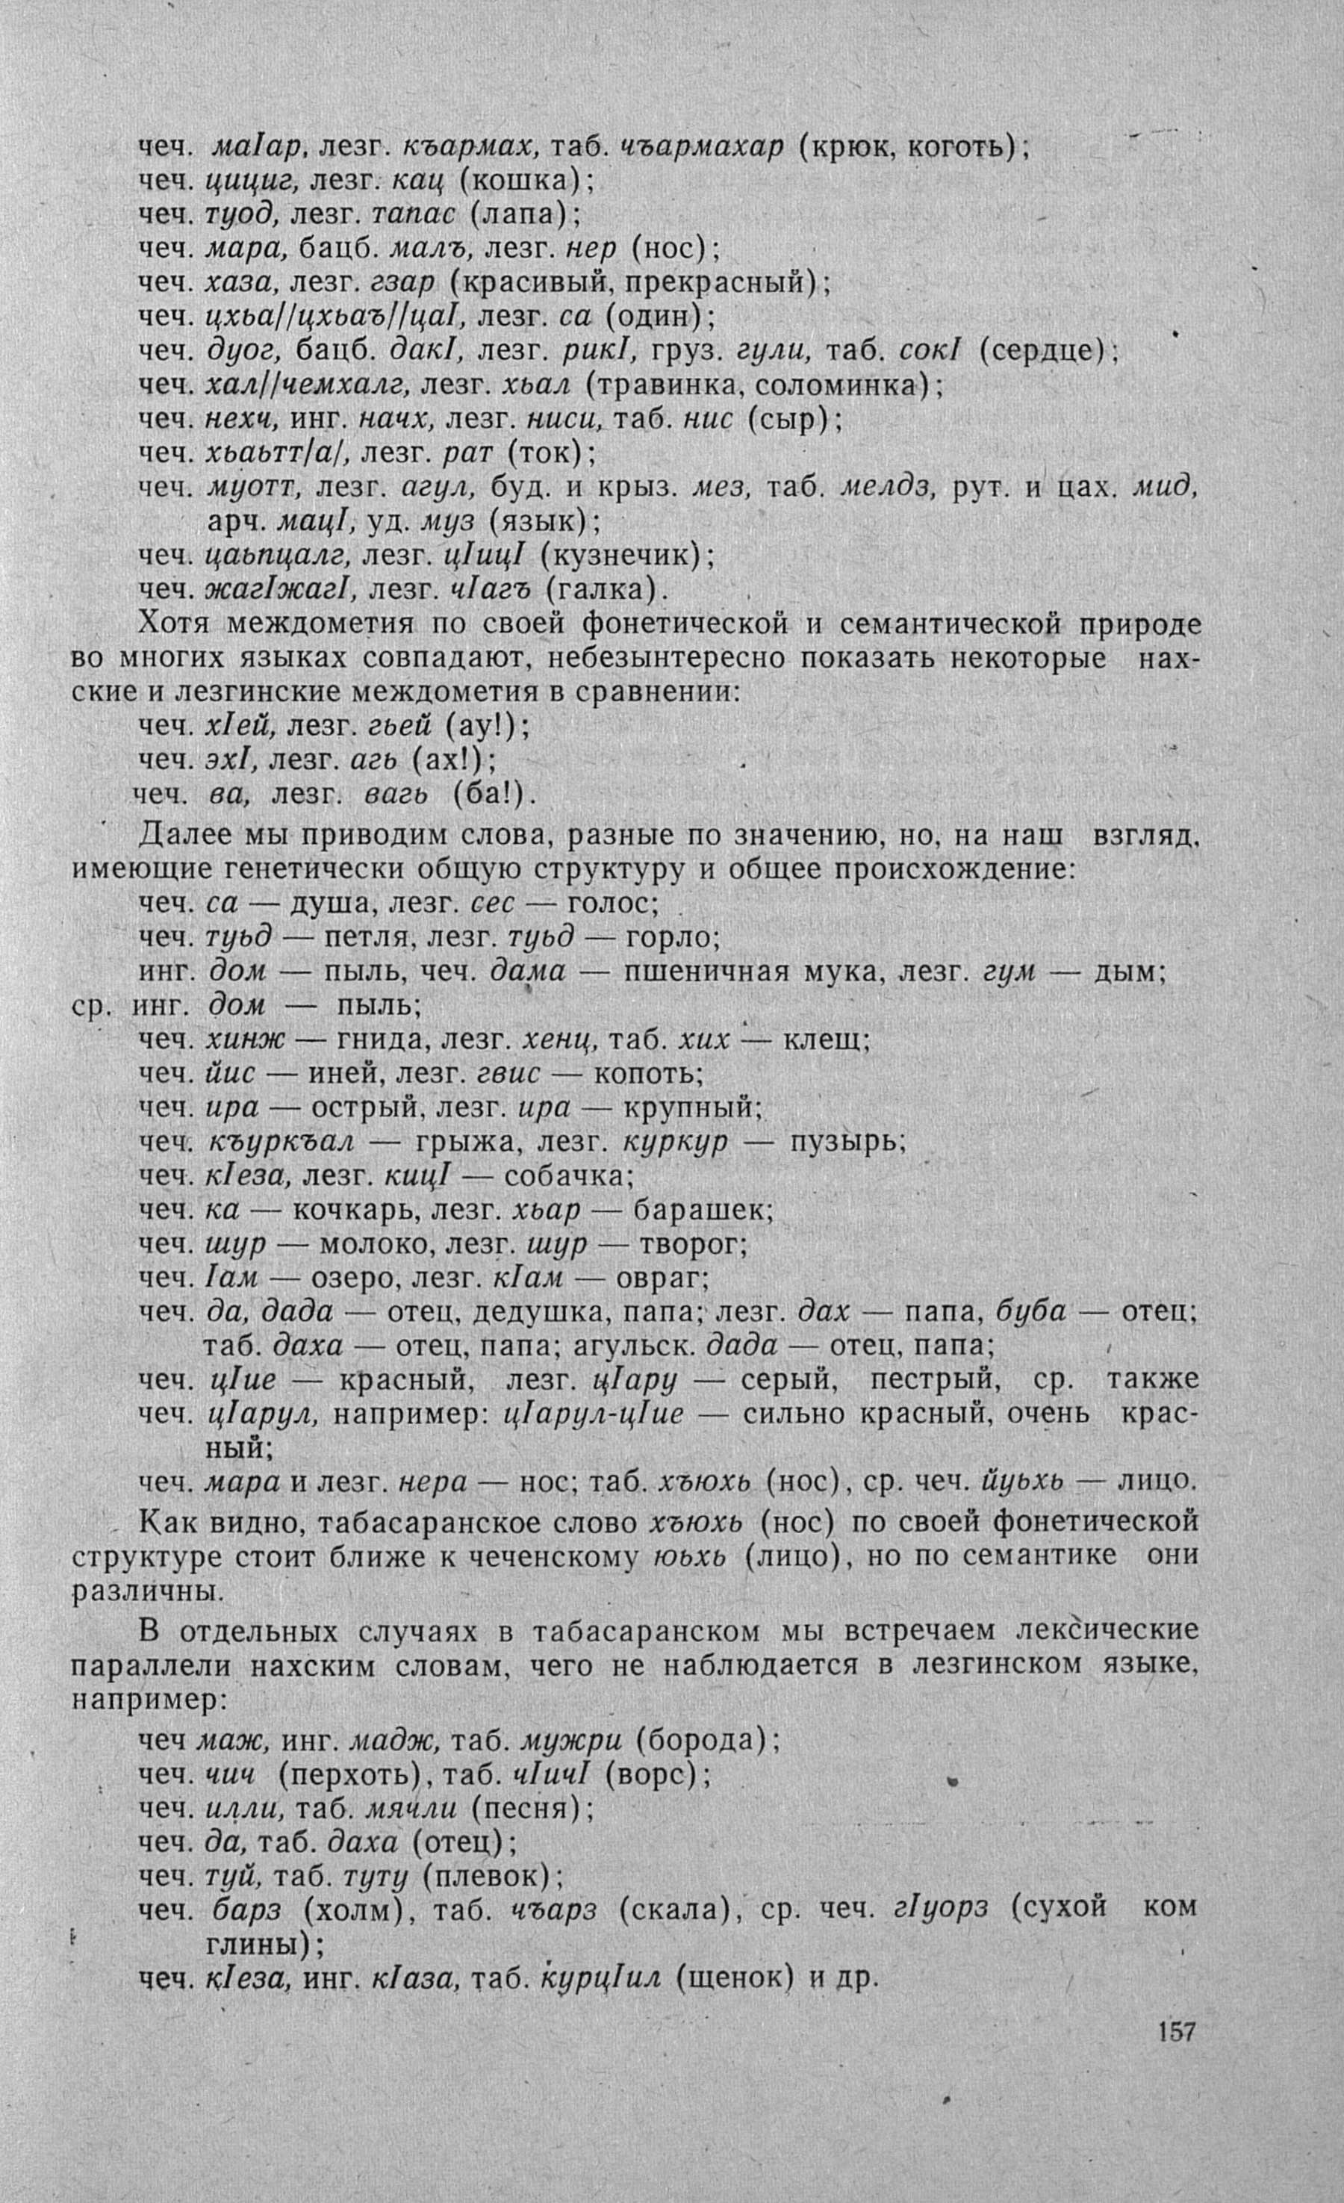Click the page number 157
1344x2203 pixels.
click(1176, 2081)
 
